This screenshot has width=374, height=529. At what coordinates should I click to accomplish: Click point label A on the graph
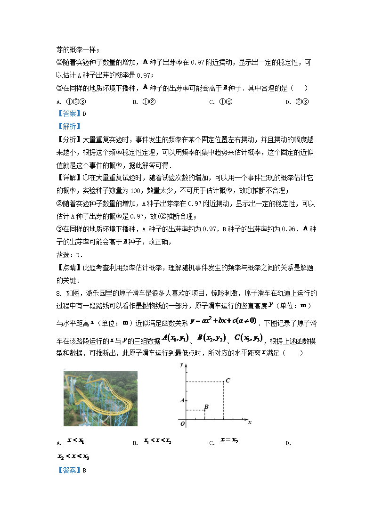coord(182,400)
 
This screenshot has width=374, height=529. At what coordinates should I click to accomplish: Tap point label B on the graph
coord(206,407)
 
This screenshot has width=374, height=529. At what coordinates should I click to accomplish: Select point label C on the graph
coord(227,380)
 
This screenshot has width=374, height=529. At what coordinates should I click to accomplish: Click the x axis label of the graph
coord(250,423)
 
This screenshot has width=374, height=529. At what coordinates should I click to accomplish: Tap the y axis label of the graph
coord(181,365)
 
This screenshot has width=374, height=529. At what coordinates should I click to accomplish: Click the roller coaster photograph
coord(100,399)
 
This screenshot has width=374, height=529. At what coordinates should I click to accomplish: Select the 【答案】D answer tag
coord(71,113)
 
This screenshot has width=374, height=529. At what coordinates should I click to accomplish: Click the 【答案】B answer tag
coord(71,470)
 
